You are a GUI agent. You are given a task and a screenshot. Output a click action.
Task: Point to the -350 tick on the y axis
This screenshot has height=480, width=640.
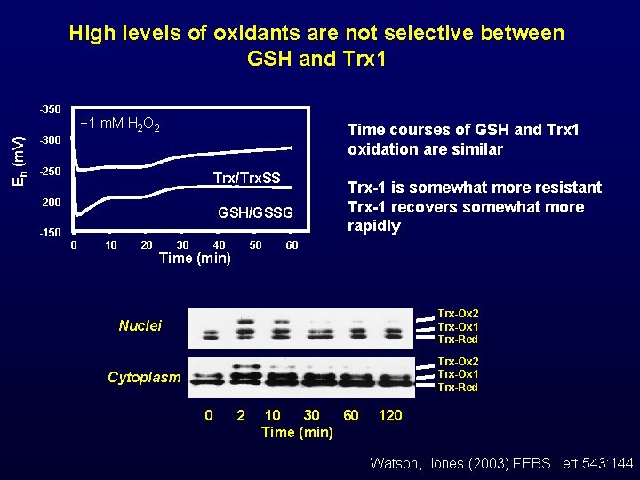click(x=50, y=109)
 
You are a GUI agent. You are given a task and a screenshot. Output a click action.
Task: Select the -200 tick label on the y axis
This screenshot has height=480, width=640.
click(x=50, y=203)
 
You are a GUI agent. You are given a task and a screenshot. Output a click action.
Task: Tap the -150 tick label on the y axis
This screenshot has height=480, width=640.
click(x=50, y=233)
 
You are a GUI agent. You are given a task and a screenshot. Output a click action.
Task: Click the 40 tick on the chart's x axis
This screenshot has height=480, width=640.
click(x=219, y=244)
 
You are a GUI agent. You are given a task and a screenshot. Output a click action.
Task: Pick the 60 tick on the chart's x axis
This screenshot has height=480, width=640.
click(x=291, y=244)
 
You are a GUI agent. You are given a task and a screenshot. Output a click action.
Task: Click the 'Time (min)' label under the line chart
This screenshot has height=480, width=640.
click(x=195, y=259)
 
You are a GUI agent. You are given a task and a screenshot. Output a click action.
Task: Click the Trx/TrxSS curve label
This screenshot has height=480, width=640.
click(x=246, y=179)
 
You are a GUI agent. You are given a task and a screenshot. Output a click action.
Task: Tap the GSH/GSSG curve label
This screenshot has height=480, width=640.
click(x=255, y=213)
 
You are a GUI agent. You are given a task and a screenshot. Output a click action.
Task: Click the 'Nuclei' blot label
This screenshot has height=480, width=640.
click(x=140, y=326)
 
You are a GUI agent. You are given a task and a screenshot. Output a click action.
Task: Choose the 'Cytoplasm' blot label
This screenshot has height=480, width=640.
click(x=144, y=377)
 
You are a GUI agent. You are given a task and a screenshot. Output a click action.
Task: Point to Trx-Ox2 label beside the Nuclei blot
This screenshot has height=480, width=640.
click(x=458, y=314)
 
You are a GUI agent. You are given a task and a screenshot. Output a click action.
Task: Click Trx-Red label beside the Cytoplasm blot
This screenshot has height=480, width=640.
click(x=458, y=388)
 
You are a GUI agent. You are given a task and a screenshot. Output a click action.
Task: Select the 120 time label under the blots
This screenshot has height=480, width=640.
click(x=390, y=415)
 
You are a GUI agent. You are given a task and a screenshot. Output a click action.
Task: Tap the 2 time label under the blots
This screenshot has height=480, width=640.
click(x=240, y=415)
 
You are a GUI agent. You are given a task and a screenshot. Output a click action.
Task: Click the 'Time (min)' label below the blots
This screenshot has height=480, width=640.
click(x=297, y=432)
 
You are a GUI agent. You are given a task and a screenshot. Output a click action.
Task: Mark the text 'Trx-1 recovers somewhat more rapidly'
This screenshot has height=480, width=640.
click(x=465, y=216)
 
